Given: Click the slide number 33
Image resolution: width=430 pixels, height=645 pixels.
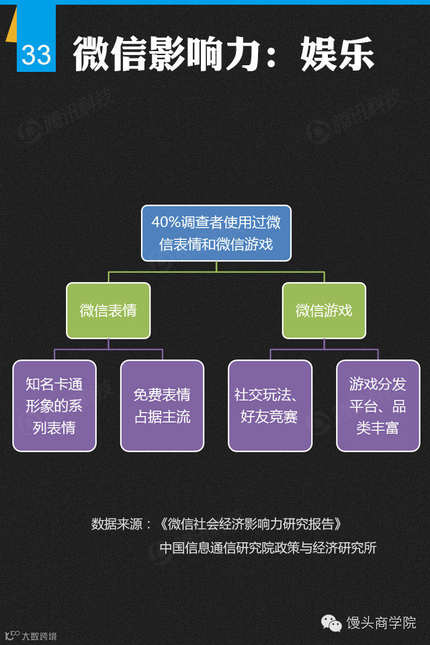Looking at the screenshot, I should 36,54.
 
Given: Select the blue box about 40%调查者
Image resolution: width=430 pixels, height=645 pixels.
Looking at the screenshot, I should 216,233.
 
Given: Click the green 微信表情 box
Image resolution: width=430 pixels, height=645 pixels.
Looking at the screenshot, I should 108,310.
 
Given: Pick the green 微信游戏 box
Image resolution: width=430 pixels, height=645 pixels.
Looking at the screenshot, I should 324,310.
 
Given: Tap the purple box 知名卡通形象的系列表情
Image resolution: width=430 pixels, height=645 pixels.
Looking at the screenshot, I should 54,406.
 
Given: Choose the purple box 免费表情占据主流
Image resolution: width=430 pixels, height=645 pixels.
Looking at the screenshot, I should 162,406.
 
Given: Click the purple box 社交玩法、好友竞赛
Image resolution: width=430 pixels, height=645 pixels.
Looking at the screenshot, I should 270,406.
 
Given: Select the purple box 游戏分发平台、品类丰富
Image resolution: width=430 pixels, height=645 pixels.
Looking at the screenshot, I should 378,406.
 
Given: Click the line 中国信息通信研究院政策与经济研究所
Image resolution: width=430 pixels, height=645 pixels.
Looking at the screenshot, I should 268,548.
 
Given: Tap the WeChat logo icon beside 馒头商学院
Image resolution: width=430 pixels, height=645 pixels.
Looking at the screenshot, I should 331,623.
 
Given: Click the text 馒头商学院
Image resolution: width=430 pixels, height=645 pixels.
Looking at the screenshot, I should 381,623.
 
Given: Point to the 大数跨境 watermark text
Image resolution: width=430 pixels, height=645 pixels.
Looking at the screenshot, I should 39,636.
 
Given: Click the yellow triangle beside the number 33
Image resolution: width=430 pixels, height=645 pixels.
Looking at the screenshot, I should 11,30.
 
